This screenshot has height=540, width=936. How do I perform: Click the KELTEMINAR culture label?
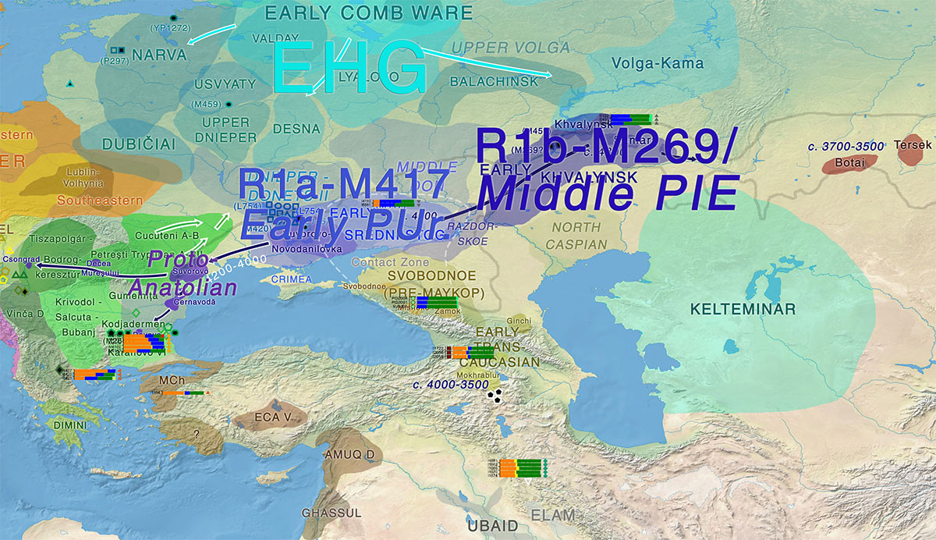(742, 310)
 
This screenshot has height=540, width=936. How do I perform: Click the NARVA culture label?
(159, 55)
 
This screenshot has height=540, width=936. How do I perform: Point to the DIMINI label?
(72, 425)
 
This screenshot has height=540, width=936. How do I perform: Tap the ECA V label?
(272, 417)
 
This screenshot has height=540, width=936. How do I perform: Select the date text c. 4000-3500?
(452, 385)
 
